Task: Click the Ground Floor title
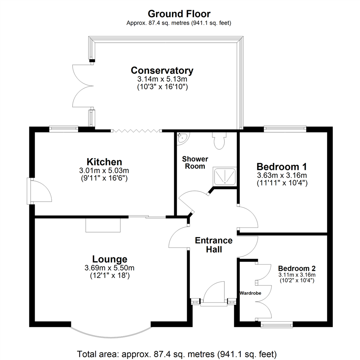click(x=179, y=14)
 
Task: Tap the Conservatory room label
click(x=162, y=71)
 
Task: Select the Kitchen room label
click(x=104, y=162)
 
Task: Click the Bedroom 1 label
click(x=282, y=167)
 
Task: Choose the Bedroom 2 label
click(x=297, y=268)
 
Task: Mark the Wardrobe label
click(x=250, y=293)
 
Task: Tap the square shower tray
click(x=225, y=176)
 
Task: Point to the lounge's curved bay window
click(x=111, y=331)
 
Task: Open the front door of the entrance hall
click(x=213, y=293)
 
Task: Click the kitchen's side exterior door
click(x=39, y=191)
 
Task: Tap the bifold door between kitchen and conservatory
click(x=137, y=130)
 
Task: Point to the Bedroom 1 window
click(x=285, y=128)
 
